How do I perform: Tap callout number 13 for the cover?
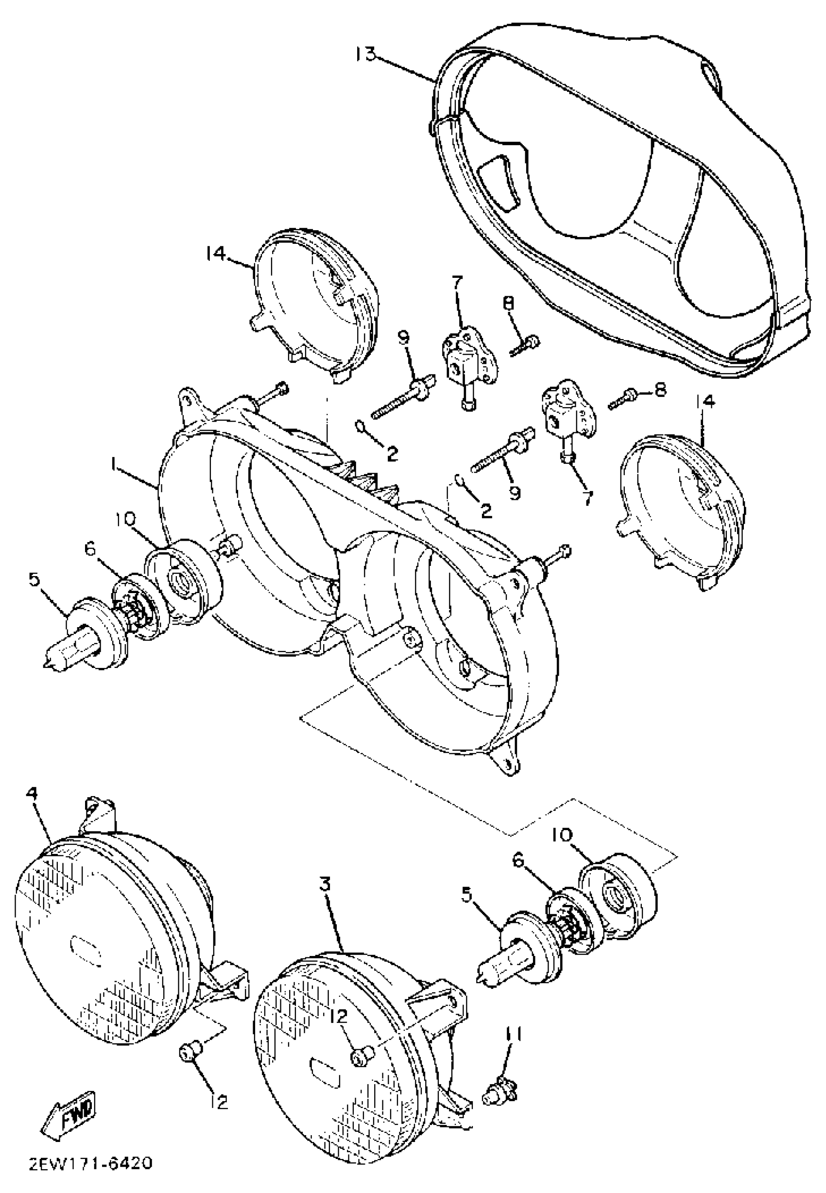click(x=366, y=53)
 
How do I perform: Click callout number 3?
click(x=325, y=884)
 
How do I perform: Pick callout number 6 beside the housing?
click(x=91, y=548)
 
